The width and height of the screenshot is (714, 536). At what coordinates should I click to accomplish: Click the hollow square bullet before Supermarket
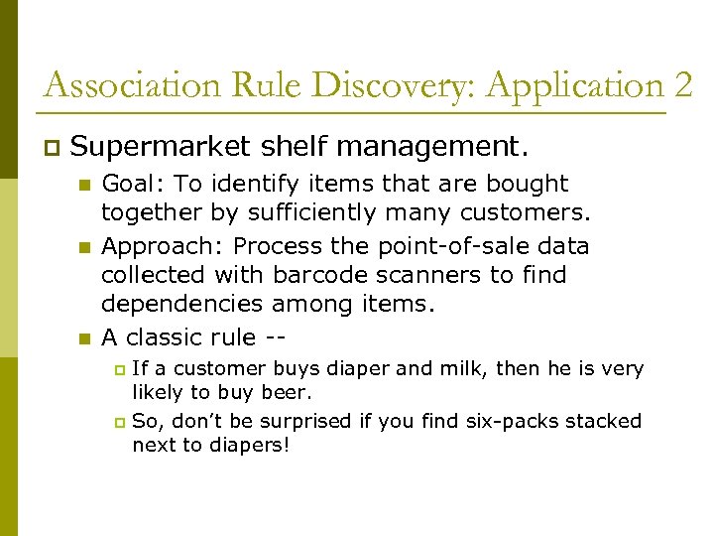click(x=52, y=149)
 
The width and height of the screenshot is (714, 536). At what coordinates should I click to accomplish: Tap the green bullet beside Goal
click(x=84, y=185)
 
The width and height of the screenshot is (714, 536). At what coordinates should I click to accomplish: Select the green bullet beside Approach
click(x=84, y=246)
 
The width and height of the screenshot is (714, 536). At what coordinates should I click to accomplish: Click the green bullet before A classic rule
click(x=84, y=338)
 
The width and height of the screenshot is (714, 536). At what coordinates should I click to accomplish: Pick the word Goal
click(x=130, y=184)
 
